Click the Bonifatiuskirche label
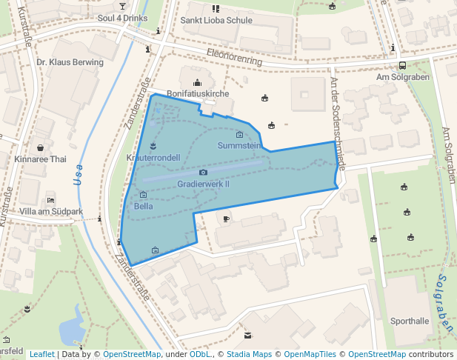198,94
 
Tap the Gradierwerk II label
204,184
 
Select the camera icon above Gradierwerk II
204,173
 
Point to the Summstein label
239,146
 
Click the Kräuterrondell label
153,158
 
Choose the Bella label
144,206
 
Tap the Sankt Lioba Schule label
216,20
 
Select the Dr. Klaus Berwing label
70,62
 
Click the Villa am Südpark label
51,211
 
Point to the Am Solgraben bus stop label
403,77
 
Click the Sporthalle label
410,321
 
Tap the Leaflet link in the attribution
41,355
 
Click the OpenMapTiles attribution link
311,355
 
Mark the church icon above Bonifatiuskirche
198,82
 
